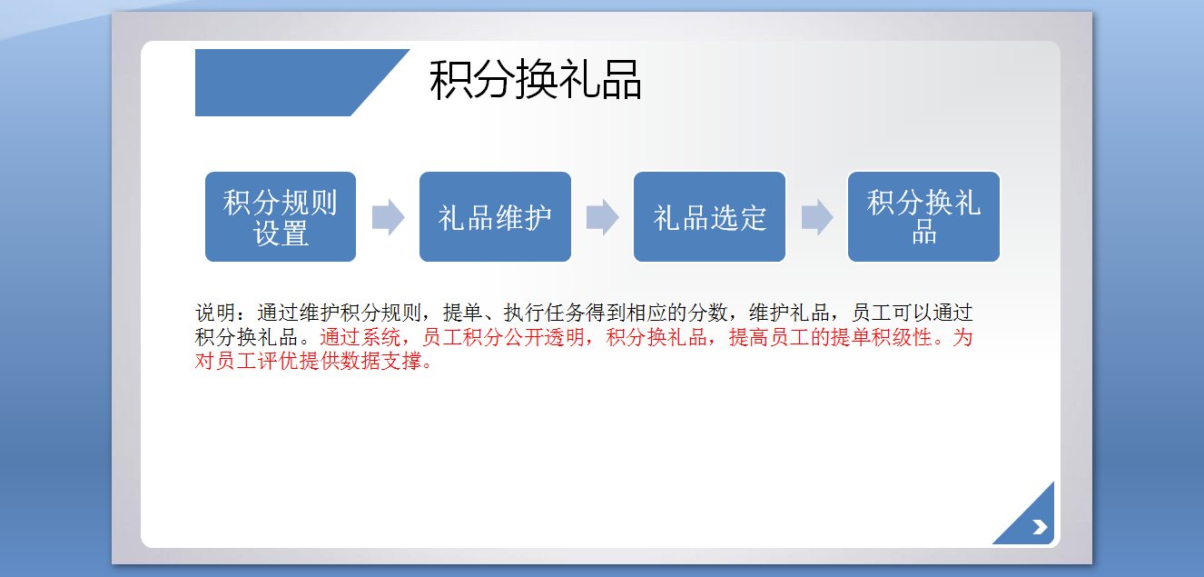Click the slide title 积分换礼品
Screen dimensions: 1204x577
pos(536,80)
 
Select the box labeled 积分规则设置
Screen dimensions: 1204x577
pos(281,216)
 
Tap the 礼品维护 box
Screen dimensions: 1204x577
pos(495,216)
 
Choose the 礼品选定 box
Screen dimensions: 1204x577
pos(709,216)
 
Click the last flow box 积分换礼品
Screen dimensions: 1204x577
pos(924,216)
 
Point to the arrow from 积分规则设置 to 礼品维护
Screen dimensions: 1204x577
pos(388,217)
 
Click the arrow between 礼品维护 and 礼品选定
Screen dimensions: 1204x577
pos(603,217)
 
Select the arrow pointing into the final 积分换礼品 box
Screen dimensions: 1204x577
pos(817,217)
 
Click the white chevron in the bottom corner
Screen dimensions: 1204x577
pos(1040,527)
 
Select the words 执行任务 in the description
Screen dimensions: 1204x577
pos(544,313)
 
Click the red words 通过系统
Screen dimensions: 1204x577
pos(360,337)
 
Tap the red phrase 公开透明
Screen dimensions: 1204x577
pos(544,337)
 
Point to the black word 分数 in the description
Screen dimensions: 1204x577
pos(708,313)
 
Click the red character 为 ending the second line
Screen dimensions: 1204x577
pos(962,337)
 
